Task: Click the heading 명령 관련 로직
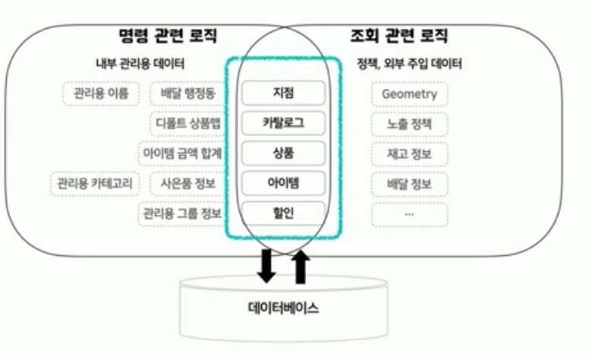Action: tap(168, 35)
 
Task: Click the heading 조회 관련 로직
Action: tap(398, 35)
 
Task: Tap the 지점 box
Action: tap(283, 93)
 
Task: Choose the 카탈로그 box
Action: tap(283, 122)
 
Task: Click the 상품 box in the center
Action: tap(283, 153)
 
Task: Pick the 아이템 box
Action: tap(283, 183)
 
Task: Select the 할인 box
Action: tap(283, 213)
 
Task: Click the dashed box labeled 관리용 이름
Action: tap(101, 93)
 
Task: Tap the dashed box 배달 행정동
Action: tap(187, 93)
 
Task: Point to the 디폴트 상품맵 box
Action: tap(187, 123)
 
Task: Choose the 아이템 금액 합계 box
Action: tap(182, 153)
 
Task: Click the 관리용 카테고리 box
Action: tap(90, 184)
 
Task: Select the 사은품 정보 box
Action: tap(187, 184)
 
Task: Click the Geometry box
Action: tap(410, 94)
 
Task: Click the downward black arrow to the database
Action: tap(266, 264)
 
